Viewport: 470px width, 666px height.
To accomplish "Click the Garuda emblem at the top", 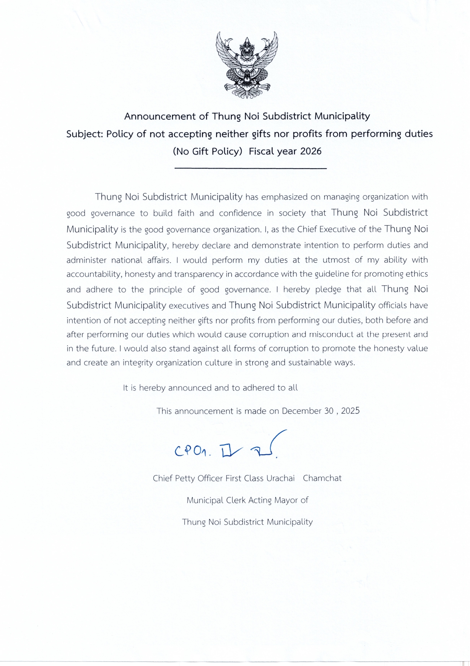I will point(247,65).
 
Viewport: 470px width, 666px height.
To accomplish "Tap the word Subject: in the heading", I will point(85,134).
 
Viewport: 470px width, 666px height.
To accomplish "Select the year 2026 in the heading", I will point(311,151).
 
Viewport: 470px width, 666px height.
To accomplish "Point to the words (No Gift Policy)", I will point(208,151).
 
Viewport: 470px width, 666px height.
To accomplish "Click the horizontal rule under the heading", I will point(250,168).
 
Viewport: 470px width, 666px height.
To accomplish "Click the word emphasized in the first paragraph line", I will point(284,197).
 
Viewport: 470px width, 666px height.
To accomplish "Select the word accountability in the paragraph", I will point(93,275).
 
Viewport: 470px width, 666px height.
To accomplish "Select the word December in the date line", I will point(301,411).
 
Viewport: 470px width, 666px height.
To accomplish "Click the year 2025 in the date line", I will point(350,411).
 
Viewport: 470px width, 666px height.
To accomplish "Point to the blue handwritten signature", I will point(229,447).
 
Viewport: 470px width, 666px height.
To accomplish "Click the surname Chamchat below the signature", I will point(322,478).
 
